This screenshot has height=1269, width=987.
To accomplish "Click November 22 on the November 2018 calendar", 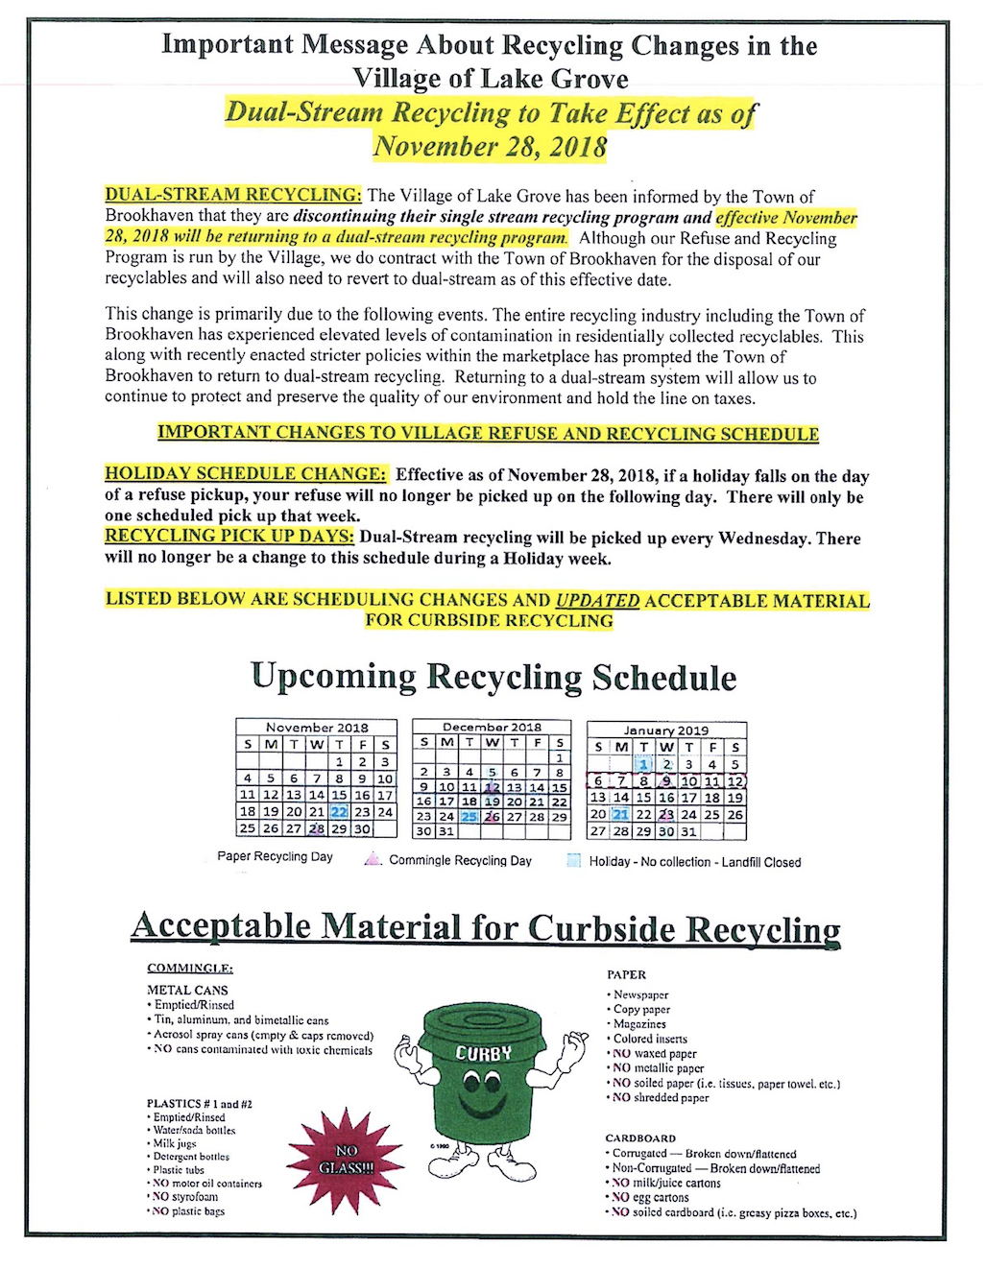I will click(339, 812).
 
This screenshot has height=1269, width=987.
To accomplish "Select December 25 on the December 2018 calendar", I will click(469, 817).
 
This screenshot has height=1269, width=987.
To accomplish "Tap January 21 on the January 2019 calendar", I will click(621, 815).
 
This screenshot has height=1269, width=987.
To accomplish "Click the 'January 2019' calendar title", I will click(665, 730).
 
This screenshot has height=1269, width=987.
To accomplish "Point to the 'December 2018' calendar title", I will click(492, 728).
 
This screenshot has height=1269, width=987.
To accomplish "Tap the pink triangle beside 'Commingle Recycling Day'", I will click(373, 860).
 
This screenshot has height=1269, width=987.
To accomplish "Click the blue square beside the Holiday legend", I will click(574, 861).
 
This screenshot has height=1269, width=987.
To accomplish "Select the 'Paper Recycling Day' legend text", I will click(275, 856).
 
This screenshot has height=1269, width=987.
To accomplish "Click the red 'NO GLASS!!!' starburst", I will click(347, 1159).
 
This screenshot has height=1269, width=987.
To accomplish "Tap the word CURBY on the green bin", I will click(484, 1054).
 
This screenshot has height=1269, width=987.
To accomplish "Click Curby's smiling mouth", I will click(482, 1109).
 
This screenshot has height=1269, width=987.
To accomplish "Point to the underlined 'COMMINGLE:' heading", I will click(190, 968).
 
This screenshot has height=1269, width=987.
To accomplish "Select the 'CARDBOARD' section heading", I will click(640, 1138).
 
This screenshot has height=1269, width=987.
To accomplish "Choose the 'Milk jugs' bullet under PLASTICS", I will click(175, 1143).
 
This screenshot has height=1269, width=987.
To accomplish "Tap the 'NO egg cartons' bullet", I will click(650, 1198).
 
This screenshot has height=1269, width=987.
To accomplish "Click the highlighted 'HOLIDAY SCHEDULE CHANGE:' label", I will click(246, 474).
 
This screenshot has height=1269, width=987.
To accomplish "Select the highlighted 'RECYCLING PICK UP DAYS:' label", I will click(229, 537).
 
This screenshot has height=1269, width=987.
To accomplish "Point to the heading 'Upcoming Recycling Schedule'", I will click(493, 677).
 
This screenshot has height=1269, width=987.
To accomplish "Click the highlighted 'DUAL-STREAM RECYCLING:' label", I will click(233, 195).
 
